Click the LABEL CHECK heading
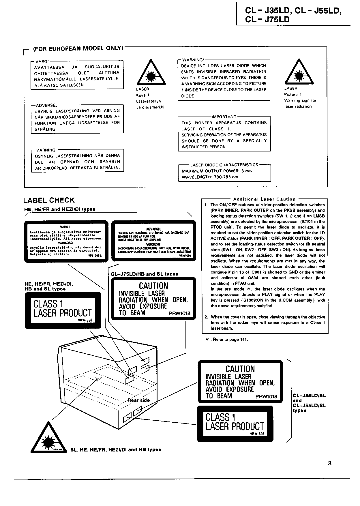point(49,200)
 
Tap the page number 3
point(330,464)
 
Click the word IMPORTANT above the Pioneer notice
point(224,117)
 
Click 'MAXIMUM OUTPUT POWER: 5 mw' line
point(217,171)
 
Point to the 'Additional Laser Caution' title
point(264,199)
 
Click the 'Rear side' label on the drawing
point(138,400)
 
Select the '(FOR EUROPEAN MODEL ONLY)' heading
point(78,48)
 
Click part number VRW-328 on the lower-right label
point(257,434)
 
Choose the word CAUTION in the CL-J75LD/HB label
point(153,286)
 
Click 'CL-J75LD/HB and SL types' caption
point(144,274)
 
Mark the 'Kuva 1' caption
point(143,95)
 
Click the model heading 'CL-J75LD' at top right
point(267,19)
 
